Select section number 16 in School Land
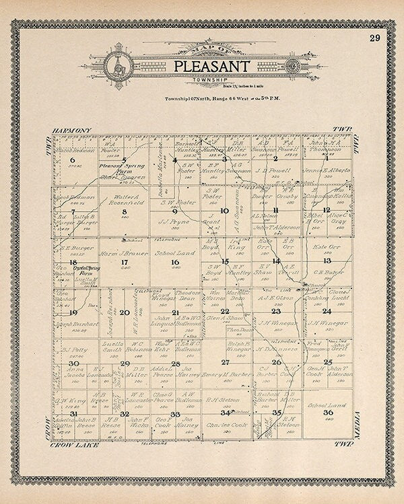(x=175, y=262)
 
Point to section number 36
(x=327, y=412)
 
